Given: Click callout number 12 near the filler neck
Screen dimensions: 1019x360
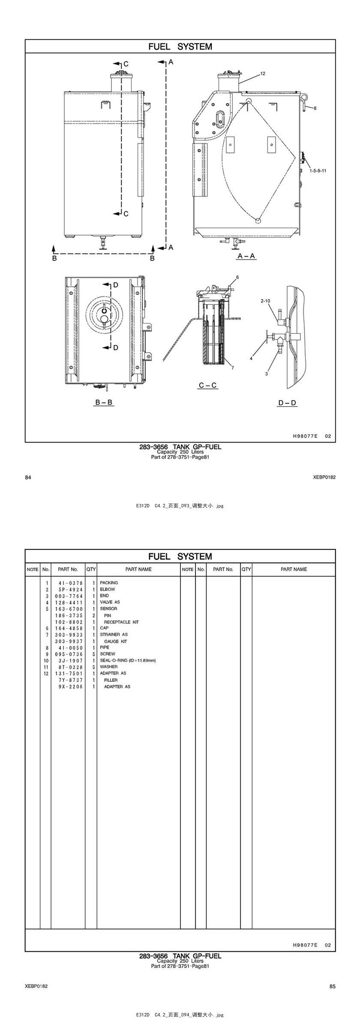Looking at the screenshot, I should coord(263,74).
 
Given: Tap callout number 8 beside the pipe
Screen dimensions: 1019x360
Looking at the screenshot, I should coord(315,108).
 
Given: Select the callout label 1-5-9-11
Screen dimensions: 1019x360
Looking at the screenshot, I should coord(318,171).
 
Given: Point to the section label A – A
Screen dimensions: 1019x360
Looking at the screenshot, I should coord(246,256).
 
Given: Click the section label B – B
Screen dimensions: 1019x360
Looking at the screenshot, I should coord(104,402).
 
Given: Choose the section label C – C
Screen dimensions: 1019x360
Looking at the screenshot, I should coord(208,385).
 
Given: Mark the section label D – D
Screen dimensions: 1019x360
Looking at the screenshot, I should coord(288,403).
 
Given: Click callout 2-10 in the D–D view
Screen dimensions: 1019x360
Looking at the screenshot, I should coord(265,301).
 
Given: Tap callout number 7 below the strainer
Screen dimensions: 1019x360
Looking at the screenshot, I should coord(233,368).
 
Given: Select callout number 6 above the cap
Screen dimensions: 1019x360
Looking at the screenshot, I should coord(237,277).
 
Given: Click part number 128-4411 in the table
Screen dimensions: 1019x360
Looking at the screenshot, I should coord(69,602).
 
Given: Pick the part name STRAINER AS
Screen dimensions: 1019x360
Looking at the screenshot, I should coord(114,635).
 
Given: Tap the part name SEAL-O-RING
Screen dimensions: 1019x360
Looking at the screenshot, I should coord(128,660).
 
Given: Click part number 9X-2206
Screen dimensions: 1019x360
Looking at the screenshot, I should coord(71,686).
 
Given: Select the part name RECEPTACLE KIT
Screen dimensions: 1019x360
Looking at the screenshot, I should coord(121,622).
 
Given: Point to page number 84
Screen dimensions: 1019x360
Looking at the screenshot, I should coord(28,477).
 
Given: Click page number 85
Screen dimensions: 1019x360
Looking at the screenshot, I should coord(333,986).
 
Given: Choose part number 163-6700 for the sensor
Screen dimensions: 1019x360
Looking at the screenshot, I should coord(69,609).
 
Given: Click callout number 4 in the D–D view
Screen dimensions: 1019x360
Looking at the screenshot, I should coord(252,359).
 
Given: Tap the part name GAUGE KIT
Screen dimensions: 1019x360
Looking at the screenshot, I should coord(116,641).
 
